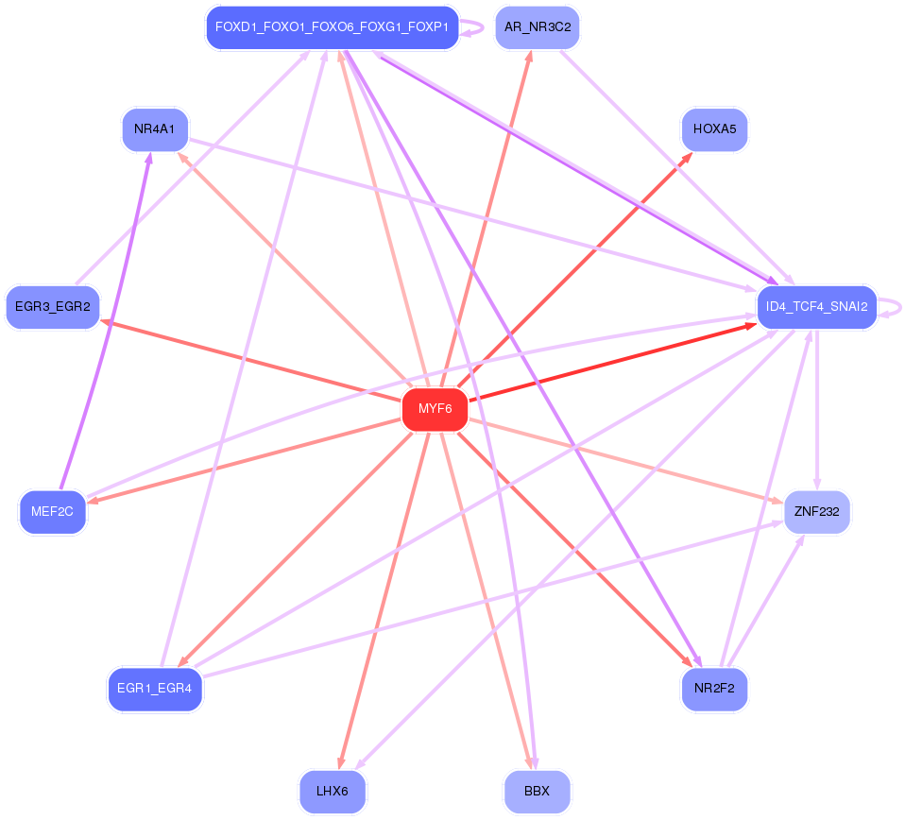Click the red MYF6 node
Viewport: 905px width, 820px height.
tap(435, 409)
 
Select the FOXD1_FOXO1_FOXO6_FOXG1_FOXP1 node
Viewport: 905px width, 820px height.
tap(332, 26)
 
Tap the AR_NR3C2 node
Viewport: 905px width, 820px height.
tap(537, 26)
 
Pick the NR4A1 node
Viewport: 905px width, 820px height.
tap(155, 129)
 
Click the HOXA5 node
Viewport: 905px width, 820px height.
tap(714, 129)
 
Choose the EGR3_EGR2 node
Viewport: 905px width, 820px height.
tap(53, 307)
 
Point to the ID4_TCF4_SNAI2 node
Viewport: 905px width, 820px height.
tap(817, 307)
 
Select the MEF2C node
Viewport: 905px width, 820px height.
tap(53, 512)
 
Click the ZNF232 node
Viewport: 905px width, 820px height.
tap(817, 512)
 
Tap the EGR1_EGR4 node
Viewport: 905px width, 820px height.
tap(155, 688)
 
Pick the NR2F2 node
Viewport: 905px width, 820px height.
tap(714, 688)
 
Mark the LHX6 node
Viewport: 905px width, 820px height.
tap(333, 792)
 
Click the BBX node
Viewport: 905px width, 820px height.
tap(537, 792)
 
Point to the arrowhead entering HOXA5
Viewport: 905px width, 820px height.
tap(688, 156)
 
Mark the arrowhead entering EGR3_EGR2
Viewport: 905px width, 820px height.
tap(106, 322)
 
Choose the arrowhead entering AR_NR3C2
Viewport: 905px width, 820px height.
tap(529, 55)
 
